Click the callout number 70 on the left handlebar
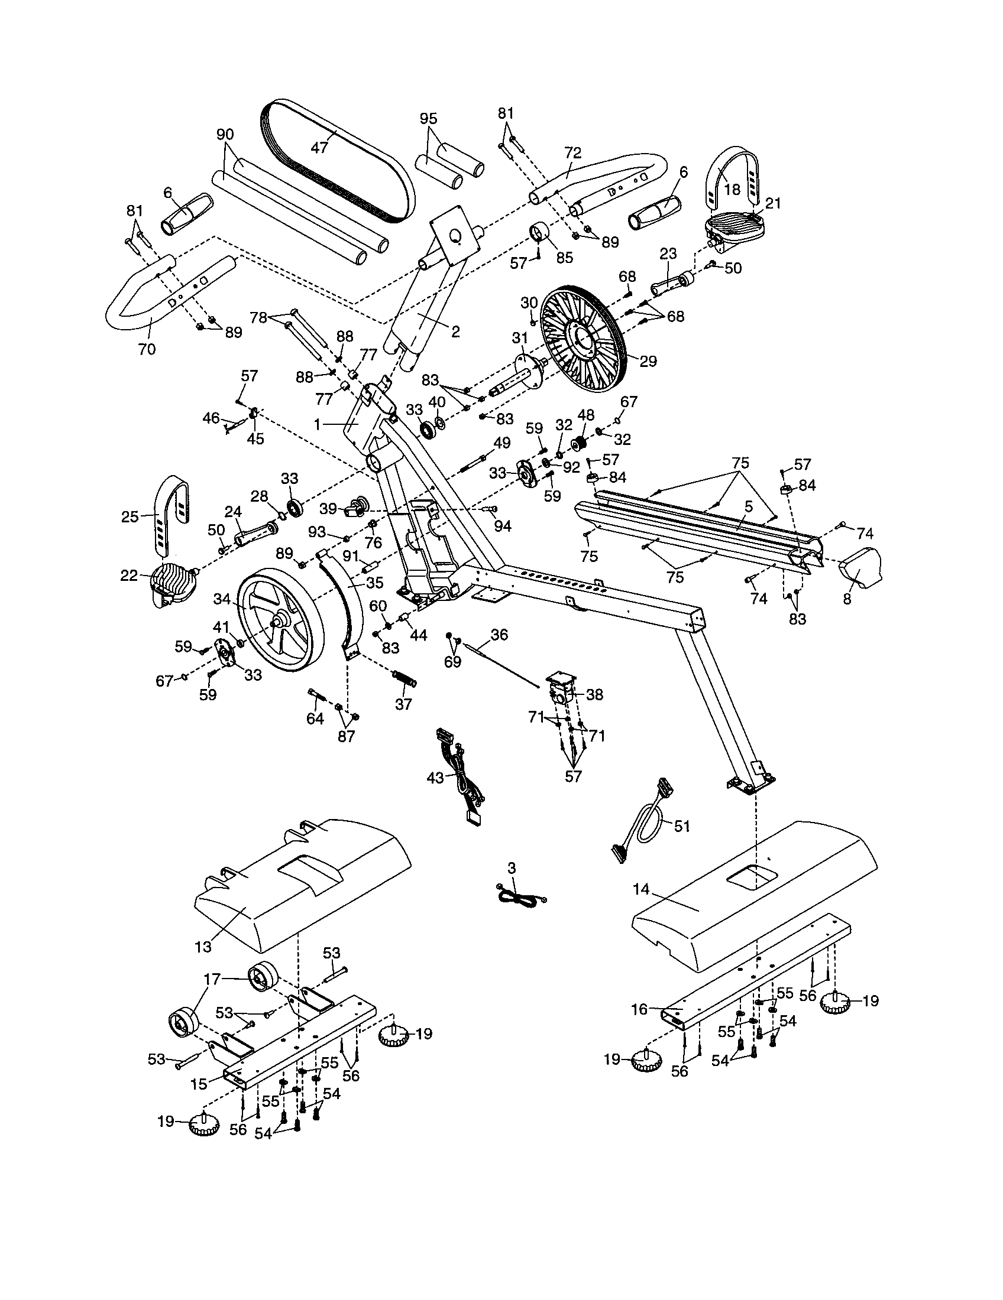147,349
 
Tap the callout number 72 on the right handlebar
572,152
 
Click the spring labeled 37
405,678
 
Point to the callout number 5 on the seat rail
749,506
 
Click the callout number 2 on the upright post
455,332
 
